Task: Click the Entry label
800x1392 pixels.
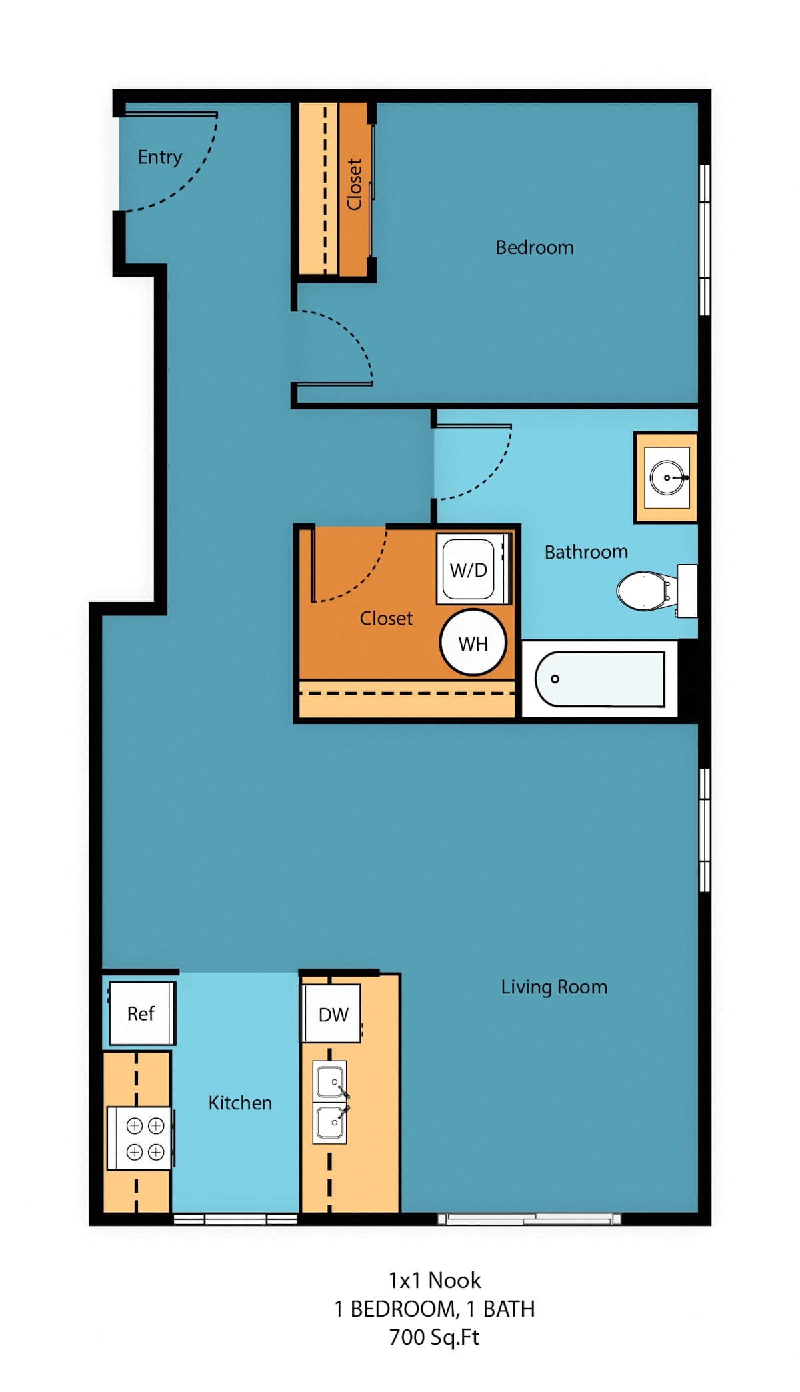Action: (x=160, y=157)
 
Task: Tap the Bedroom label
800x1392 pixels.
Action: (x=535, y=247)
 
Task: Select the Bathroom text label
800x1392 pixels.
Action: (x=586, y=552)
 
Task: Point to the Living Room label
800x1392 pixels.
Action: (x=554, y=987)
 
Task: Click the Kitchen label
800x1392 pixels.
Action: (x=240, y=1103)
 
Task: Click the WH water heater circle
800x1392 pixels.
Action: (x=473, y=643)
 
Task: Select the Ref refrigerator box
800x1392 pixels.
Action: (x=142, y=1013)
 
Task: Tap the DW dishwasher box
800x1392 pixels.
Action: (x=332, y=1013)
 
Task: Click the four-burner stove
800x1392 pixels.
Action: (x=140, y=1138)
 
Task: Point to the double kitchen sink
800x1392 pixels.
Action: (x=330, y=1102)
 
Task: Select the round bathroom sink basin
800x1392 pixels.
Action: (x=667, y=477)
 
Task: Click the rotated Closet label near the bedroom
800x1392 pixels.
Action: (x=354, y=184)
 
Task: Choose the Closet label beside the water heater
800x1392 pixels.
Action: (x=386, y=618)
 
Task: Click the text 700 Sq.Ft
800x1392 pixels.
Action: (x=434, y=1337)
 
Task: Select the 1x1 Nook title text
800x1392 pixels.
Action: (x=435, y=1280)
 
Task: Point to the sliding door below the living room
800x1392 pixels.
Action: (x=529, y=1219)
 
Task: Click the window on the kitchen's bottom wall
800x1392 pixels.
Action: (x=235, y=1219)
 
